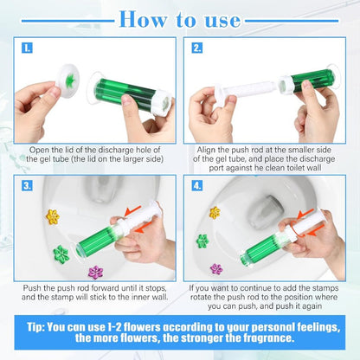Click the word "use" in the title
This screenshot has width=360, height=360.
point(240,18)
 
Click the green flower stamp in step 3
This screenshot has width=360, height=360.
point(61,254)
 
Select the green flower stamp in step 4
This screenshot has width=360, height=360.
point(202,241)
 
